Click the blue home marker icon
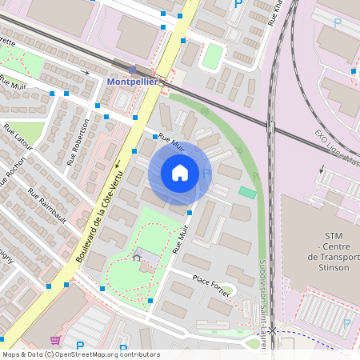pos(180,173)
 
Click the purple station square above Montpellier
pos(132,70)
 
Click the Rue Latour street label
pos(27,144)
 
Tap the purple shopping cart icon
pos(54,340)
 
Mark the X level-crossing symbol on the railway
pos(272,330)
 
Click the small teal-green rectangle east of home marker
pos(248,193)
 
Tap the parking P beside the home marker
pos(206,173)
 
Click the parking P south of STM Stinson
pos(346,324)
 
